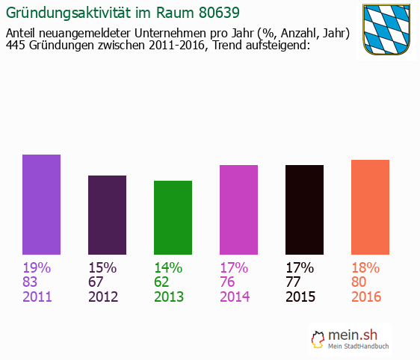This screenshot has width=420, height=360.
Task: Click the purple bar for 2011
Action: point(41,204)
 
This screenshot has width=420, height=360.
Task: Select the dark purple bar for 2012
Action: point(107,214)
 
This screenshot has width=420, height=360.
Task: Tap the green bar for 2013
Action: point(173,217)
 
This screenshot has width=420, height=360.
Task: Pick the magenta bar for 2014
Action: point(238,209)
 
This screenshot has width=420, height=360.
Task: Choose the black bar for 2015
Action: point(304,209)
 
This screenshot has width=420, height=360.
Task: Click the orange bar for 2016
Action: point(370,207)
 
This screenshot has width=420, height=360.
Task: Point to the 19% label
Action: point(37,267)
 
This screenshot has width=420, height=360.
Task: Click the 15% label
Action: point(102,267)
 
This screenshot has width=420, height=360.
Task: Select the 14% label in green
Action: point(168,267)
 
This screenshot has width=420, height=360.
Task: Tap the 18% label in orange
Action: point(365,267)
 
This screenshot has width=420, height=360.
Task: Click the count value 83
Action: point(31,282)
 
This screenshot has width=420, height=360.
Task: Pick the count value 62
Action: point(163,282)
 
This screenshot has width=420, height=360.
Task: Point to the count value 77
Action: point(294,282)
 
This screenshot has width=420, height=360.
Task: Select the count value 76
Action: point(229,282)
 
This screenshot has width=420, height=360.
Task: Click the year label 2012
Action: point(103,297)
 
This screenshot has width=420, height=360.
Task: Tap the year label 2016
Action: point(366,297)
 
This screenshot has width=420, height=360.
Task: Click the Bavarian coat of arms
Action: point(387,29)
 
